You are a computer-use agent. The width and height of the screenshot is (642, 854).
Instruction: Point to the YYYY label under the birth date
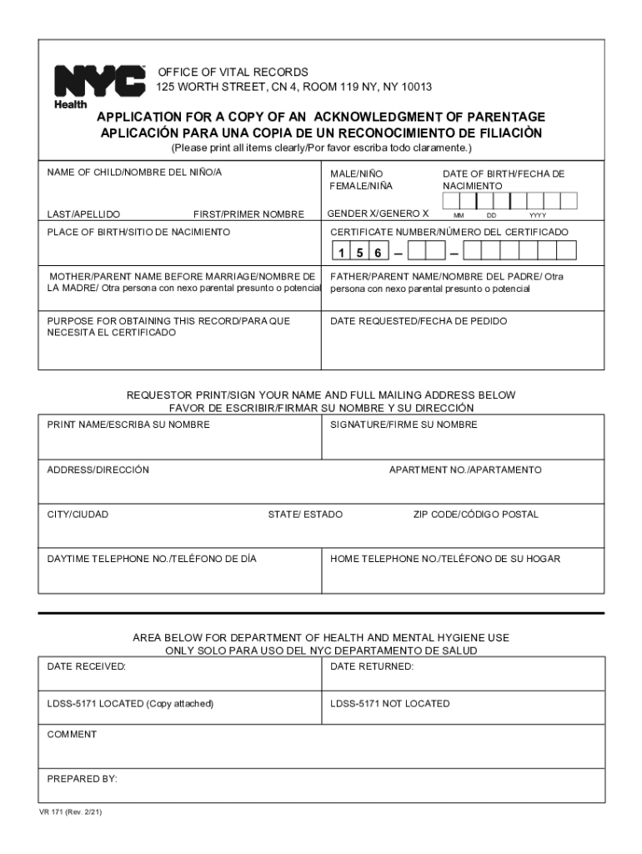click(538, 214)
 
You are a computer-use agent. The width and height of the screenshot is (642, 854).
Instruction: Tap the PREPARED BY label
click(82, 779)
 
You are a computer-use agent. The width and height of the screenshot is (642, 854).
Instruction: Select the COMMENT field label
click(72, 735)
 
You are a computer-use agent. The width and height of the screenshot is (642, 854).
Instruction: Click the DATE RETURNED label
click(372, 666)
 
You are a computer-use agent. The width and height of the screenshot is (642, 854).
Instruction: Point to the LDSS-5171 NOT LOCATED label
click(389, 704)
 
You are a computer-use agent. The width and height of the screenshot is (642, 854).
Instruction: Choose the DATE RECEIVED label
click(86, 666)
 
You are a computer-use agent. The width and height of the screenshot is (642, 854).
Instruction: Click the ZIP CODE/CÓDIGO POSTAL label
click(476, 515)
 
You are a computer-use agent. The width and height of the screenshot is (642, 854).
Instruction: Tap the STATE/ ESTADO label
click(305, 515)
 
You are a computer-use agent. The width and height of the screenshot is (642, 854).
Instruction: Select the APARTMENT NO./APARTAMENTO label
click(465, 470)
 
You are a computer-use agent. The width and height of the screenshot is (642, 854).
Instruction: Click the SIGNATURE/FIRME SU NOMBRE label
click(404, 424)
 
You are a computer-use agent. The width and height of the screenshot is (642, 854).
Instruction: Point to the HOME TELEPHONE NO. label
click(445, 559)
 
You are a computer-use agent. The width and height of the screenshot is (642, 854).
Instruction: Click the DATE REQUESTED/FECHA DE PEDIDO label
click(419, 321)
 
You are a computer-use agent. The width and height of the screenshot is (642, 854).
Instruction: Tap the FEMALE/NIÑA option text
click(361, 185)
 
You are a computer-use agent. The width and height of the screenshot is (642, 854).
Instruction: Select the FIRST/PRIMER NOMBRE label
click(248, 214)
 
